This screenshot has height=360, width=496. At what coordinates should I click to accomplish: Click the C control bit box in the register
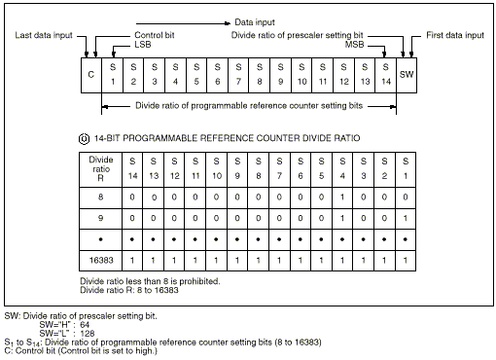91,75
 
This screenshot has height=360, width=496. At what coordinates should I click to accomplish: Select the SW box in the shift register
407,75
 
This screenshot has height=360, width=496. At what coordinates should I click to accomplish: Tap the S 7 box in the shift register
238,75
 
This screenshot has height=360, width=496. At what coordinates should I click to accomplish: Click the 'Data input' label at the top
255,22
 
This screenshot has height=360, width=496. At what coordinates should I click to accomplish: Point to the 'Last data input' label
44,35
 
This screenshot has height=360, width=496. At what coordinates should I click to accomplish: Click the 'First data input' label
455,35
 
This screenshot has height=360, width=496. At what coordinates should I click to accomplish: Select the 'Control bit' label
155,35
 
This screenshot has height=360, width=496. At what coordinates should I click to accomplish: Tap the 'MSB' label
354,45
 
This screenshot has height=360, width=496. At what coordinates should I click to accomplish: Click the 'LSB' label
143,45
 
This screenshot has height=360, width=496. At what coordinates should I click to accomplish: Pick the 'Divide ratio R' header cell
101,169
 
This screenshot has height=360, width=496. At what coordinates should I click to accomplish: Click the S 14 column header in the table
132,169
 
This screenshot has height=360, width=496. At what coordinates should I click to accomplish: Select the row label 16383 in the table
101,260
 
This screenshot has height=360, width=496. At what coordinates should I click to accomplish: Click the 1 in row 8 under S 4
342,197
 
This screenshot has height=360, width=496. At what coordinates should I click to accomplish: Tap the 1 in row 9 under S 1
406,218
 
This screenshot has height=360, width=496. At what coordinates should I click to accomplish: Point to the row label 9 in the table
101,218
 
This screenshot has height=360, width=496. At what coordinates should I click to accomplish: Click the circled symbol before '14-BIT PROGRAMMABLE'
85,139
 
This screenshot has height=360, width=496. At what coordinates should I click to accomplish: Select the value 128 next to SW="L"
88,334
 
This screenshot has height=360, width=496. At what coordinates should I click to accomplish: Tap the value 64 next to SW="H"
85,325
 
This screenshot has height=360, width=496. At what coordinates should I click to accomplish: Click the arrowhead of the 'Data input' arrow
228,23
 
